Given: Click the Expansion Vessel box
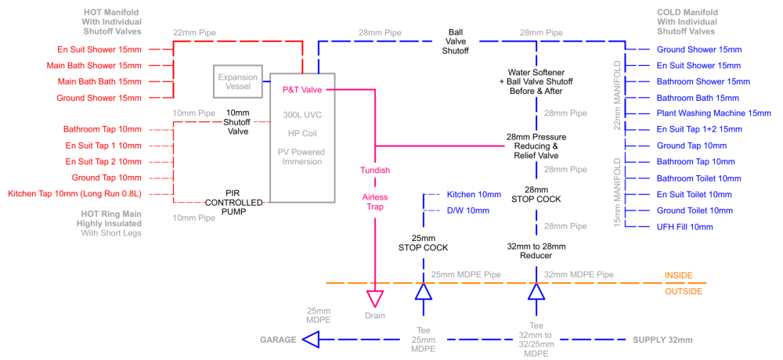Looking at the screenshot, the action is [238, 81].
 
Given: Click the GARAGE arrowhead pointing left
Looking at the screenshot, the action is [311, 340].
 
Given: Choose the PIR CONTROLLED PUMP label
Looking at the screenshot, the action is [234, 202].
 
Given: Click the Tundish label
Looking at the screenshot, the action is [375, 171].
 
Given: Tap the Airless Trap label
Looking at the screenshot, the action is [375, 202].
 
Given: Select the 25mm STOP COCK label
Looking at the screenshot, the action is [423, 243].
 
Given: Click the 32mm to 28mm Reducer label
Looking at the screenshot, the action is [536, 251].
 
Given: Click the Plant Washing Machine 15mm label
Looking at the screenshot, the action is [714, 113].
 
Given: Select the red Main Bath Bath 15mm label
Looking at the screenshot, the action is [99, 81].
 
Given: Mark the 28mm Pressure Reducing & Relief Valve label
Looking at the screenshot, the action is [536, 146].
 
